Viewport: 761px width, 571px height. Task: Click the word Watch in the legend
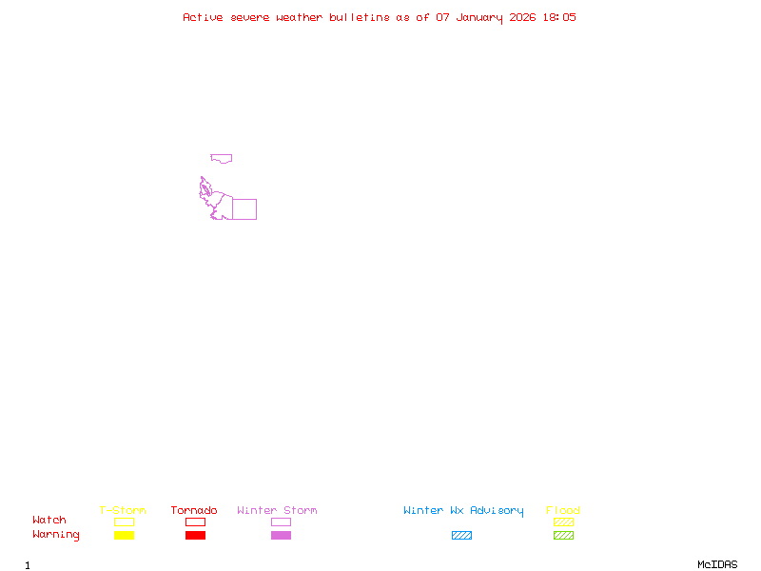(49, 521)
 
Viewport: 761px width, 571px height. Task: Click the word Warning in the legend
(55, 535)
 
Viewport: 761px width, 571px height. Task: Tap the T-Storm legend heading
(123, 511)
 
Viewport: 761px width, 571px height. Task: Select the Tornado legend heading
(194, 511)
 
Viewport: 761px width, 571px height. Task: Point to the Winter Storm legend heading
(277, 511)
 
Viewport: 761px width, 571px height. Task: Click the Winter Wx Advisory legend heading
(463, 511)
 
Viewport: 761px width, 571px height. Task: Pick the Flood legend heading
(563, 511)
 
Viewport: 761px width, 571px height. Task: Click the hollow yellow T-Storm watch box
(124, 522)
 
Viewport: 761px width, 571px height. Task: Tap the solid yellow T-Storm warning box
(124, 536)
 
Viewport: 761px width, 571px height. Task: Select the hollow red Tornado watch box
(195, 522)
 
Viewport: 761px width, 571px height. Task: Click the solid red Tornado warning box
(195, 536)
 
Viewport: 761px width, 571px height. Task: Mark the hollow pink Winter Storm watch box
(281, 522)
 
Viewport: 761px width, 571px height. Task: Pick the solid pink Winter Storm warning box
(281, 536)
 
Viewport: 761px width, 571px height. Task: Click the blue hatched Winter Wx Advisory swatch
(461, 536)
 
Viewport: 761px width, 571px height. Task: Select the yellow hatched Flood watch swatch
(563, 522)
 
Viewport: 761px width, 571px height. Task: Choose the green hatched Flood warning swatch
(563, 536)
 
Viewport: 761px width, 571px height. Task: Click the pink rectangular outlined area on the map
(244, 209)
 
